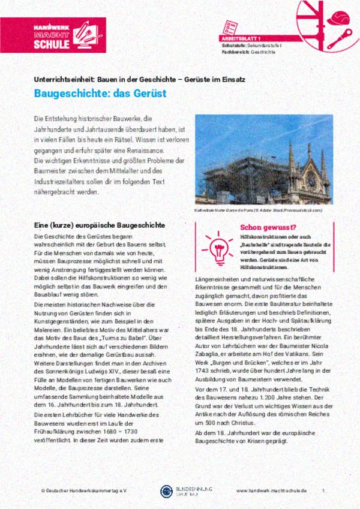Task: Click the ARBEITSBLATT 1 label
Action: point(241,38)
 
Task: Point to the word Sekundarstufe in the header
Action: point(262,46)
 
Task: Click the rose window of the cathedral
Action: point(311,178)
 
